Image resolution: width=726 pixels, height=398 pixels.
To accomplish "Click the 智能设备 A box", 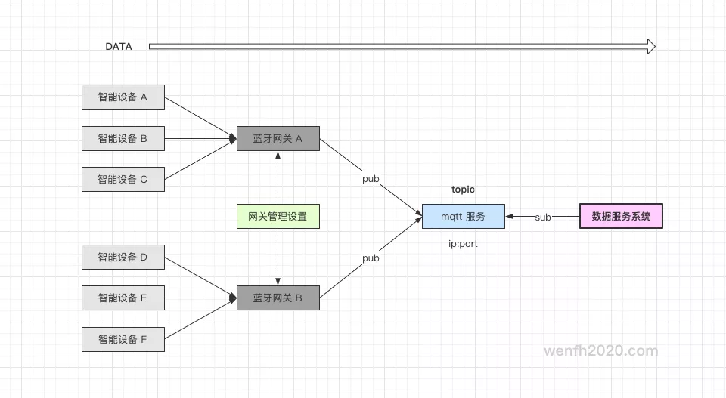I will [x=123, y=97].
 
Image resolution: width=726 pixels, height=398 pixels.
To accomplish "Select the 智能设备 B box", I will [x=123, y=139].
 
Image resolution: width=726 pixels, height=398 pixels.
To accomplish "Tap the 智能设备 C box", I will [x=123, y=180].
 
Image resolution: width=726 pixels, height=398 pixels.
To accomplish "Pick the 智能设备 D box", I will [x=123, y=258].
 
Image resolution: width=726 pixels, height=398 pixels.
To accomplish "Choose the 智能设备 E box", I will [x=123, y=298].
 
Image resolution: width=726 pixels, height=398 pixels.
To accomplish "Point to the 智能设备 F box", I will [x=123, y=340].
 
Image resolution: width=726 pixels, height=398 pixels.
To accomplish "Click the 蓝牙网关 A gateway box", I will [x=278, y=139].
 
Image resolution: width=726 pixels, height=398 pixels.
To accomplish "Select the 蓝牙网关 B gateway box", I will [x=278, y=298].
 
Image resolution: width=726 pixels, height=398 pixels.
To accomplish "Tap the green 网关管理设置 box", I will [x=278, y=217].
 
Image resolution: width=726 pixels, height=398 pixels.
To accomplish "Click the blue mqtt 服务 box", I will [x=463, y=217].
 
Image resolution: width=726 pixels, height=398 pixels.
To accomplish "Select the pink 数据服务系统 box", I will [x=621, y=217].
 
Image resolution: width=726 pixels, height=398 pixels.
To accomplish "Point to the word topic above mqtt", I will [x=463, y=190].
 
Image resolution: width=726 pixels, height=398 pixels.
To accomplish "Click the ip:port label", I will [x=463, y=244].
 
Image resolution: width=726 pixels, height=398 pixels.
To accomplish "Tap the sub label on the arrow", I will [x=543, y=218].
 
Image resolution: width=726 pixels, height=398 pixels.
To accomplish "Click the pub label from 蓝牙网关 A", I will [x=371, y=180].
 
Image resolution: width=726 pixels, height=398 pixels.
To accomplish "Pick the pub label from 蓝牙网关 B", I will [x=371, y=258].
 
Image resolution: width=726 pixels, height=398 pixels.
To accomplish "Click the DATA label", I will [x=119, y=47].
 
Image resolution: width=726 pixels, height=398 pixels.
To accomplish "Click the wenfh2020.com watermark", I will [x=601, y=351].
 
